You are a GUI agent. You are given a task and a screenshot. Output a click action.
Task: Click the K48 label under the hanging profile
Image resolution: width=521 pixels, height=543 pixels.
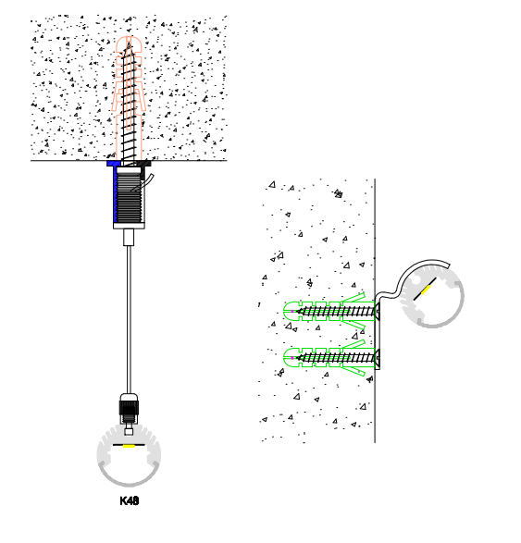coord(130,500)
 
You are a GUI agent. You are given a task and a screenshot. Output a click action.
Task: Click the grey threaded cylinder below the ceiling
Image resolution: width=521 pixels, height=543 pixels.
coord(130,197)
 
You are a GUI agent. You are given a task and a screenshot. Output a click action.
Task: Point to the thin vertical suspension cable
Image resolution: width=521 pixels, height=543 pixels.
coord(129,319)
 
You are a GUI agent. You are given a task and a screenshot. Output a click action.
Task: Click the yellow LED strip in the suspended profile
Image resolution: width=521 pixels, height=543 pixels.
coord(129,446)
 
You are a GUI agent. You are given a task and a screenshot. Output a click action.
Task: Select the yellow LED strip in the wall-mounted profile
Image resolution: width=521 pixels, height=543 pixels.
coord(426,290)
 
